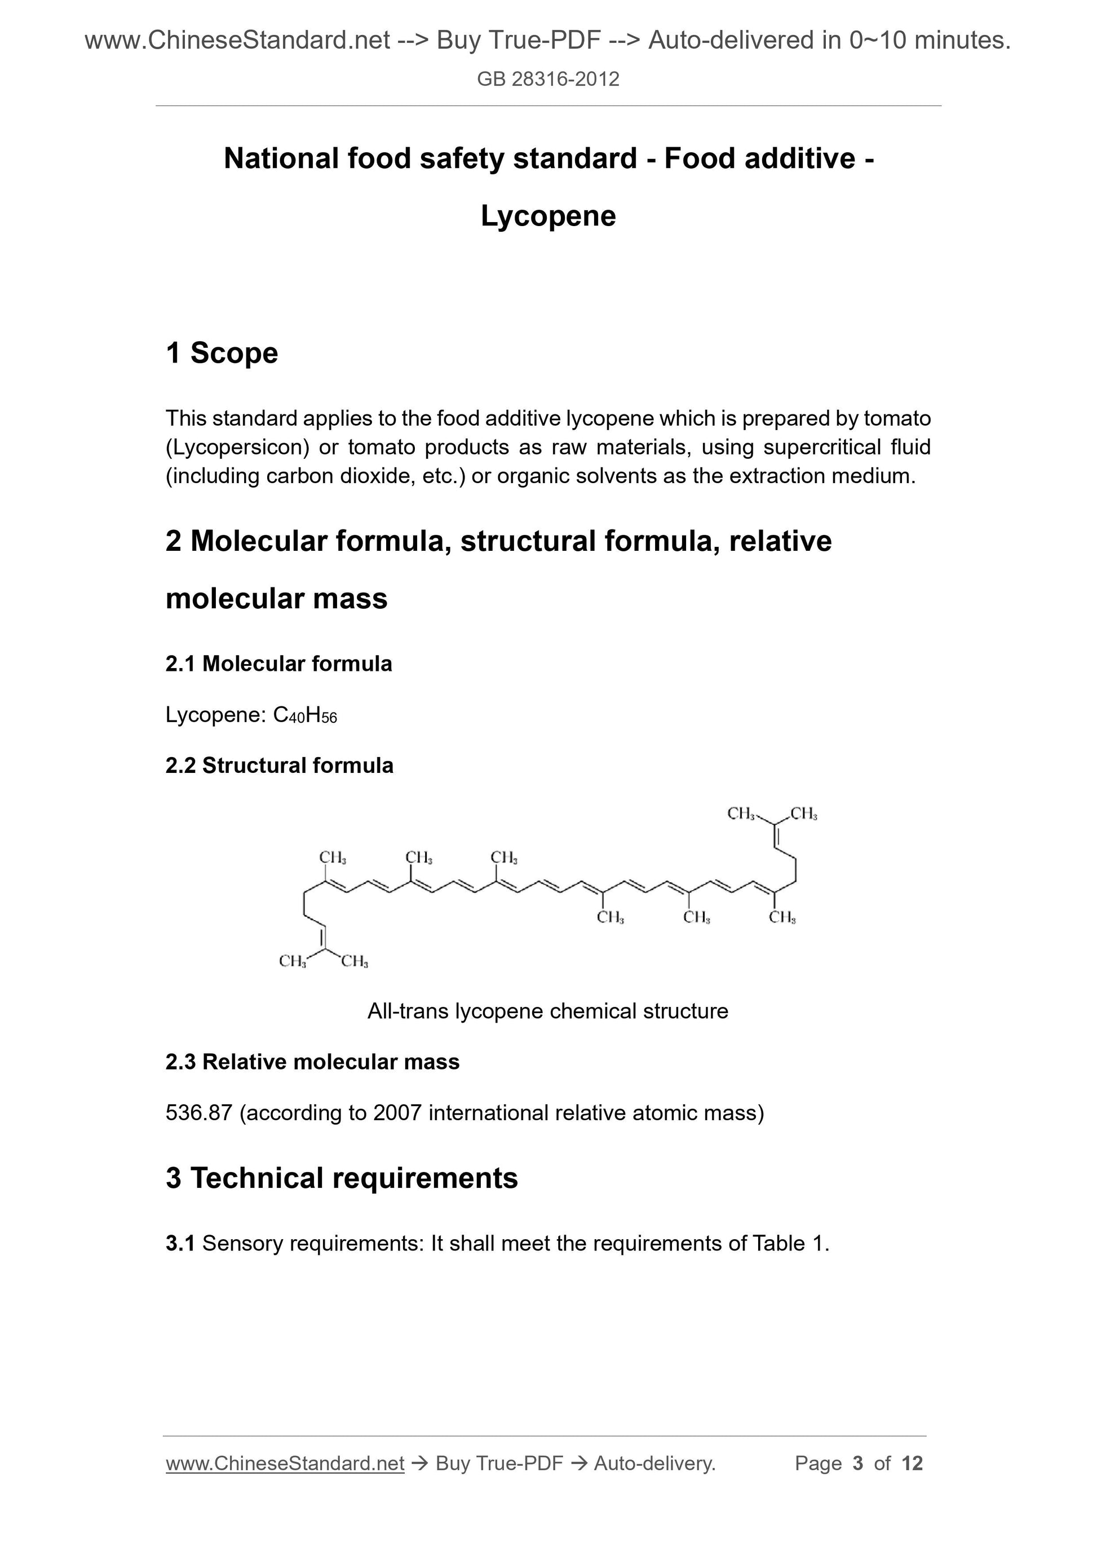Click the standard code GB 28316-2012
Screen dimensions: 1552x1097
[x=548, y=79]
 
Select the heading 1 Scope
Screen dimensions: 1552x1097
[x=222, y=353]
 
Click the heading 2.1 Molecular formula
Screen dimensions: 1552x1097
[x=278, y=664]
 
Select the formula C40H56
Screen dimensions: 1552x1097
[x=305, y=715]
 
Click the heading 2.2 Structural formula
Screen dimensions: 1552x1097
[x=279, y=765]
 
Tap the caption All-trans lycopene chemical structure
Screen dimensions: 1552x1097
[x=547, y=1011]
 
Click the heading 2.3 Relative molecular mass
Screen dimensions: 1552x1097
[x=312, y=1062]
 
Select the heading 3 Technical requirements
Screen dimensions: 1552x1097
[x=342, y=1178]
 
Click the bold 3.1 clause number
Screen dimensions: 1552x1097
[x=180, y=1243]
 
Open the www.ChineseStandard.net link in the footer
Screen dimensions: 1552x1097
[x=285, y=1463]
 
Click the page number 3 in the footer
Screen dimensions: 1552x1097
[x=858, y=1463]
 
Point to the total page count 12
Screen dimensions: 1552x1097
[x=912, y=1463]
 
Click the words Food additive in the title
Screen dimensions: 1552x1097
[x=760, y=159]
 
